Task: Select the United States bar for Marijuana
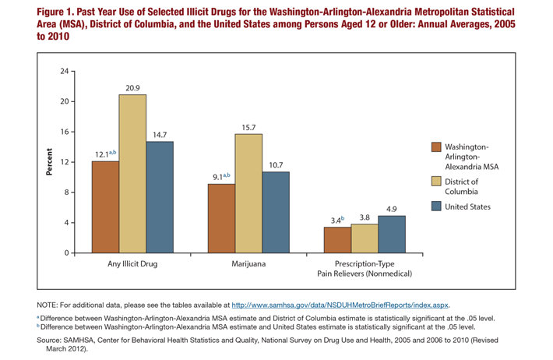(x=275, y=212)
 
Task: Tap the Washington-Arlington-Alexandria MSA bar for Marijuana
(x=222, y=218)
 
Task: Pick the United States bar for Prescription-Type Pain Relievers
(x=392, y=235)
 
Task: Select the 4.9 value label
(x=392, y=209)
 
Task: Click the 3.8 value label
(x=365, y=217)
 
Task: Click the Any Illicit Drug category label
(x=132, y=265)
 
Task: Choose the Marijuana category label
(x=248, y=265)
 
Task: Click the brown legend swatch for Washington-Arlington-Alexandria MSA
(x=438, y=146)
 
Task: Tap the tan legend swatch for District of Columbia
(x=438, y=182)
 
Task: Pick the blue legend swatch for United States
(x=438, y=206)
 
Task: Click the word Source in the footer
(x=51, y=341)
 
